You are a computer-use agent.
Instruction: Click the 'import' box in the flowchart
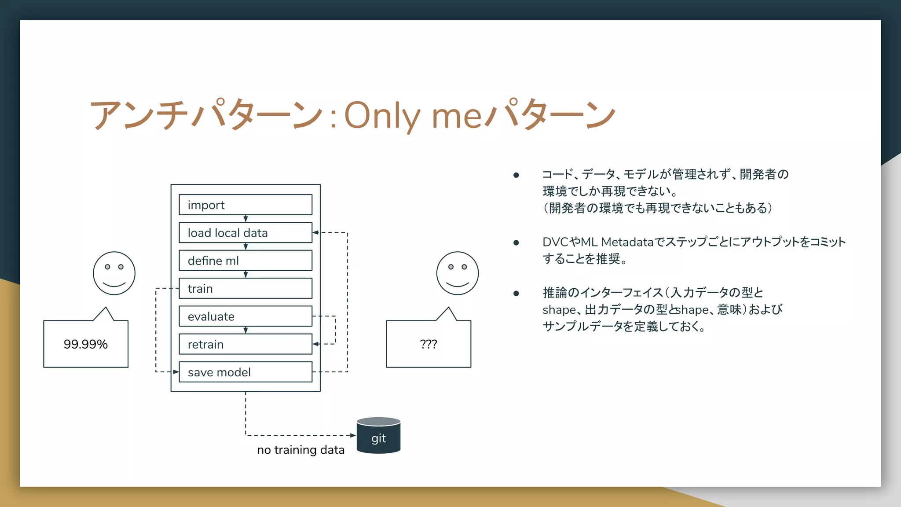click(x=245, y=205)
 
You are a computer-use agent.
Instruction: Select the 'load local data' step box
click(x=245, y=232)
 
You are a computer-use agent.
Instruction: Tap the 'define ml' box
click(x=245, y=261)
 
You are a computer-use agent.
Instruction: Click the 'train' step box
click(x=245, y=288)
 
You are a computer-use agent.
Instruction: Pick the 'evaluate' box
click(x=245, y=316)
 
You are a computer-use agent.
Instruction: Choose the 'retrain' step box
click(x=245, y=344)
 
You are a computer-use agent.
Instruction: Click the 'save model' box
click(x=245, y=372)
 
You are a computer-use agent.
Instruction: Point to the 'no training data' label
click(x=300, y=450)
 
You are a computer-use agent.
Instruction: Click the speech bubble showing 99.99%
click(x=86, y=344)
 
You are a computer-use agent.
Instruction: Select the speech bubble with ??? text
click(x=429, y=344)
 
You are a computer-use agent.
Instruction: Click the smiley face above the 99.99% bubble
click(x=114, y=273)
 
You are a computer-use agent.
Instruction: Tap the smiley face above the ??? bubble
click(x=457, y=273)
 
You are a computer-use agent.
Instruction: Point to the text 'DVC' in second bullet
click(x=555, y=242)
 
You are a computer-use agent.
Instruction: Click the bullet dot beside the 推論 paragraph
click(x=516, y=293)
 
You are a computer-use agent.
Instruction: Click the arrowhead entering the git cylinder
click(x=353, y=435)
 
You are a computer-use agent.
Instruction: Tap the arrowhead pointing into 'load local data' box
click(x=315, y=232)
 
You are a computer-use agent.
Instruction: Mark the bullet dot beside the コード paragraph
click(x=516, y=175)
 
